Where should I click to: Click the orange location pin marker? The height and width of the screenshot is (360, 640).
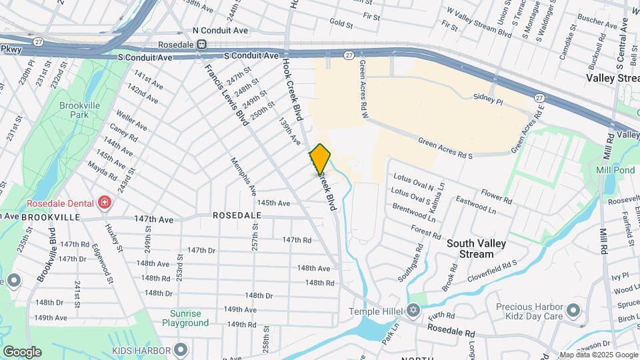(321, 159)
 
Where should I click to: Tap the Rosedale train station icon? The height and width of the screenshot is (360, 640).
(202, 45)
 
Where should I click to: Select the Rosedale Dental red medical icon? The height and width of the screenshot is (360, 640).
(104, 202)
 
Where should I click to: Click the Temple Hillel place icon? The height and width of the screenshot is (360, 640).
(413, 311)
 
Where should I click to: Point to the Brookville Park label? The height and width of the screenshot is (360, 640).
(79, 110)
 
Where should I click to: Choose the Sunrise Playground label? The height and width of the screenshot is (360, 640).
(185, 318)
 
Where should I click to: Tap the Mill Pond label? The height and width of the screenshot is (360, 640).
(613, 169)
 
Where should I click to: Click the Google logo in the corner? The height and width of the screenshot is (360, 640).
(22, 352)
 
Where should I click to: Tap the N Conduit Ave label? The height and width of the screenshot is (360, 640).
(220, 30)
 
